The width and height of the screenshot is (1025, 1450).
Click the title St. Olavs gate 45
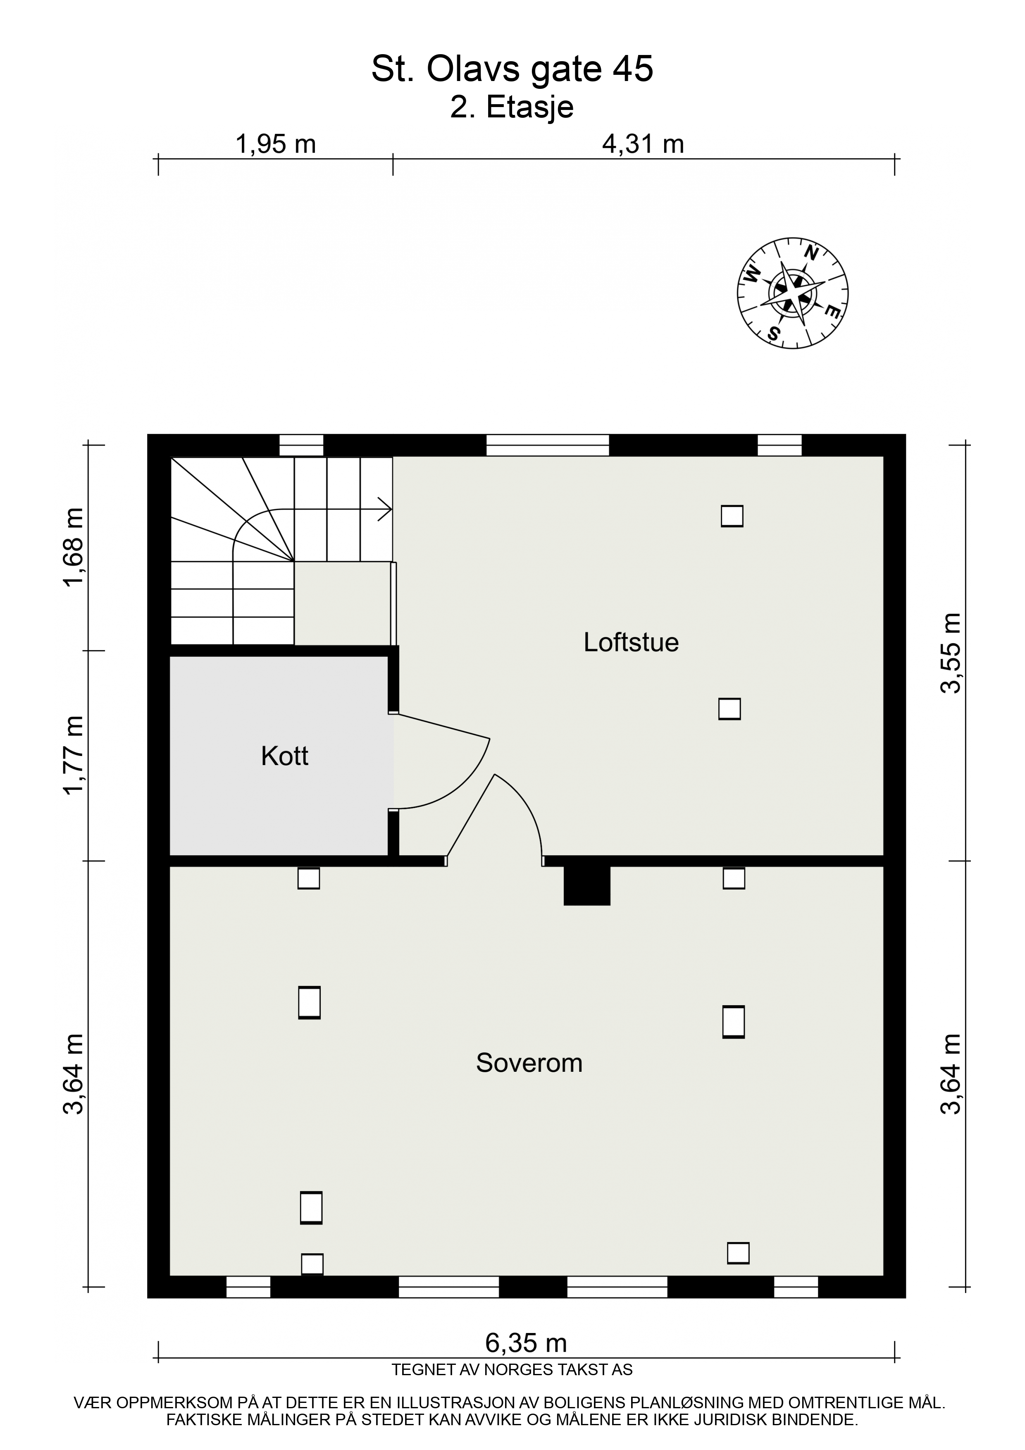click(512, 69)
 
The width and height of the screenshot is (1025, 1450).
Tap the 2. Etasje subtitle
click(512, 107)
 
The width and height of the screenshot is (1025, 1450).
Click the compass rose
click(793, 293)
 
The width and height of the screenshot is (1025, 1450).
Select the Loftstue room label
click(631, 642)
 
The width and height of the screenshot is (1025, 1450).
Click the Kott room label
click(284, 756)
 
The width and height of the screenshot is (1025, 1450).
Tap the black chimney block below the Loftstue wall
click(587, 885)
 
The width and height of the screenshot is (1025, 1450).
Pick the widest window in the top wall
click(548, 445)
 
